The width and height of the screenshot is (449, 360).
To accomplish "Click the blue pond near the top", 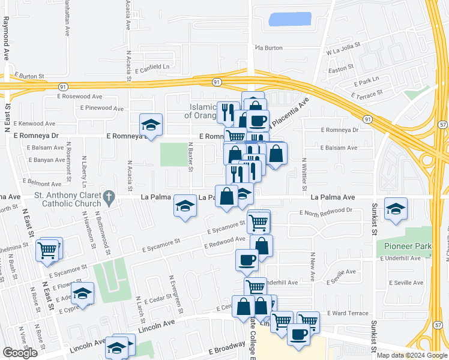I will click(x=290, y=19).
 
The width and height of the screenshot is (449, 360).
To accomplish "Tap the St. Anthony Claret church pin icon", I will click(x=109, y=196).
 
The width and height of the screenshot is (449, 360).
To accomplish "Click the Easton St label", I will click(x=339, y=70).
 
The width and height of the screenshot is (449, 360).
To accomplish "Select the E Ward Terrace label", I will click(x=348, y=313).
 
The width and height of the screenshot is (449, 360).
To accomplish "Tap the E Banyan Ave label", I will click(x=46, y=160).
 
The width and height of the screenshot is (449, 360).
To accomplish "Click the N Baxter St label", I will click(x=190, y=156).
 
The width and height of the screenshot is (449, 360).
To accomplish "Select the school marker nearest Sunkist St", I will click(x=396, y=209).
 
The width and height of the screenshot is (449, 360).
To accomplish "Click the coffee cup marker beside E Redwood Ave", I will click(x=246, y=260).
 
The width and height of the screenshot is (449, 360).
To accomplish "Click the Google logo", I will click(x=20, y=353).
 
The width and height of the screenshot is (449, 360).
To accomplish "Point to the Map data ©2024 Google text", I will click(x=411, y=355).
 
